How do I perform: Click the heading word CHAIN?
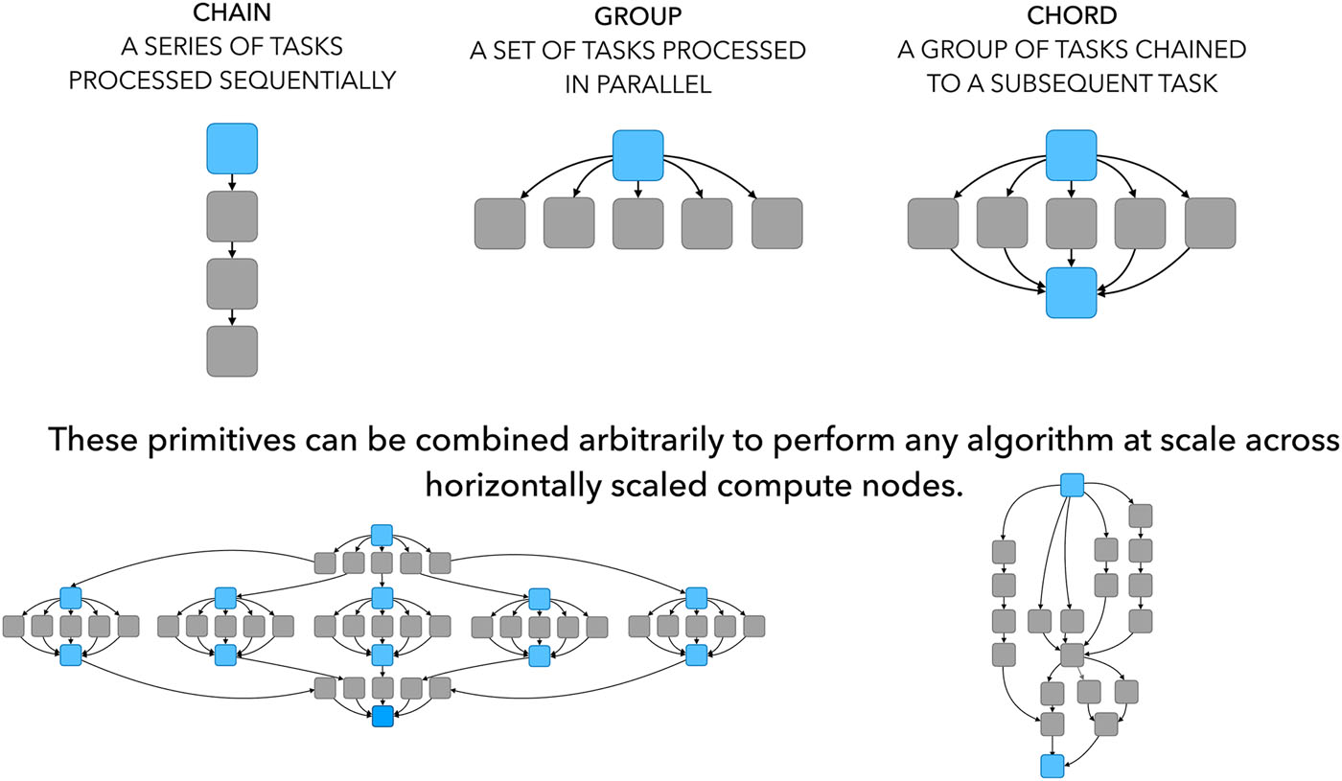click(x=231, y=17)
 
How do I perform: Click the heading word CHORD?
click(x=1071, y=17)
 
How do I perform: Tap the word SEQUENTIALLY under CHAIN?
click(x=318, y=80)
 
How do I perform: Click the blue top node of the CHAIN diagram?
click(x=232, y=149)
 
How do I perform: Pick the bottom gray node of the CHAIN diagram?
click(x=232, y=351)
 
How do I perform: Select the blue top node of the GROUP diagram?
click(x=638, y=155)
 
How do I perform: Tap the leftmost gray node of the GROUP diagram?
click(x=500, y=223)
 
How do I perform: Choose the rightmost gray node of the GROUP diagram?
click(x=777, y=223)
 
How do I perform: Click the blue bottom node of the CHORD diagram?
click(x=1071, y=292)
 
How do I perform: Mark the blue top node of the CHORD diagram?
click(x=1071, y=155)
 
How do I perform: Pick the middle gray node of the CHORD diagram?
click(x=1071, y=223)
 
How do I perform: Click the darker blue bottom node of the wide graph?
click(x=382, y=715)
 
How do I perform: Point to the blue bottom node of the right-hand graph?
click(x=1053, y=765)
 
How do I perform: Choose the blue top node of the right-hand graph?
click(x=1072, y=486)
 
